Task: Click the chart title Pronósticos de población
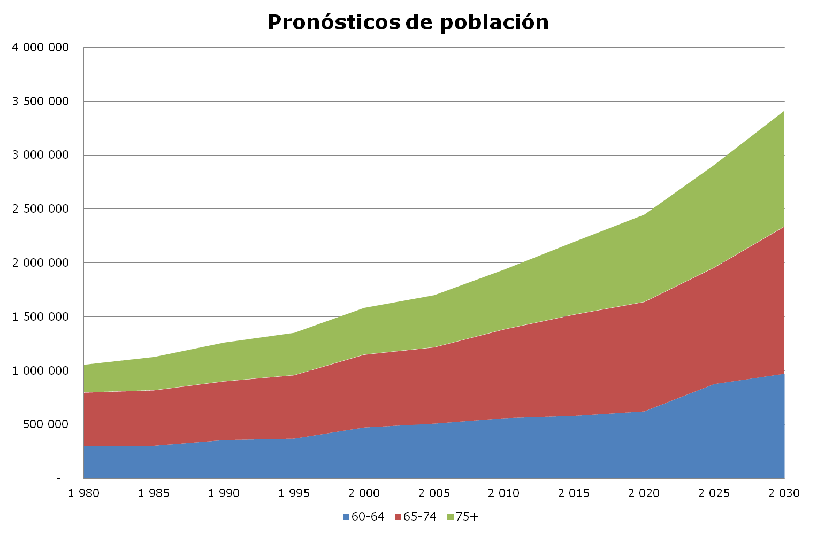click(x=408, y=22)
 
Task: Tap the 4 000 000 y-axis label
click(x=41, y=48)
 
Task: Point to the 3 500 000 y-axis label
click(x=41, y=102)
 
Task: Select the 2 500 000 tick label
click(x=41, y=209)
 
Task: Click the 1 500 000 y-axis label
click(x=41, y=317)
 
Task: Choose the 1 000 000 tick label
click(x=41, y=370)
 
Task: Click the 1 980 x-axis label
click(x=84, y=493)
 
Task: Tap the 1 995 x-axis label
click(x=294, y=493)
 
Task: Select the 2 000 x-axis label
click(x=364, y=493)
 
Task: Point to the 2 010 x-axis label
click(x=503, y=493)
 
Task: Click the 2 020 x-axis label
click(x=644, y=493)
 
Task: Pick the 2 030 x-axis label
click(x=784, y=493)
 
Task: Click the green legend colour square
click(x=450, y=517)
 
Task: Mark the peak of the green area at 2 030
click(x=784, y=111)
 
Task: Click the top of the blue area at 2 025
click(x=714, y=384)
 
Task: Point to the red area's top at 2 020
click(x=644, y=302)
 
